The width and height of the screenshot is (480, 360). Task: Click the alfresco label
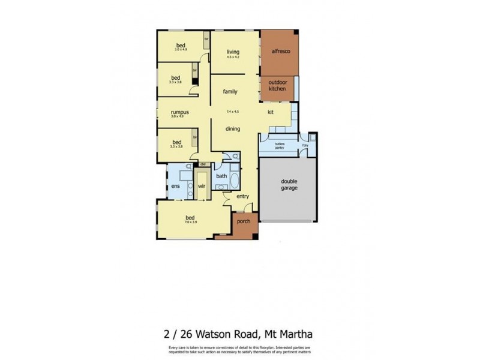[x=279, y=52]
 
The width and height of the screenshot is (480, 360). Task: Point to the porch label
[x=244, y=221]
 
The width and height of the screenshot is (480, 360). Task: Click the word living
[x=233, y=52]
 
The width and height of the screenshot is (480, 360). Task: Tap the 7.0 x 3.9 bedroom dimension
[x=190, y=223]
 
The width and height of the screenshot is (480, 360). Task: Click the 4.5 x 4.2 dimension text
[x=233, y=58]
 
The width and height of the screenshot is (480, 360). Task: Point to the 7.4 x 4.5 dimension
[x=233, y=112]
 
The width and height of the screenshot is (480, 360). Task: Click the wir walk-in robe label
[x=203, y=187]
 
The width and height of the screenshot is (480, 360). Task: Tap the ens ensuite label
[x=176, y=187]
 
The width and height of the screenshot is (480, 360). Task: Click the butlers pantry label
[x=280, y=146]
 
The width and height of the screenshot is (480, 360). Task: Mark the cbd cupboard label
[x=203, y=164]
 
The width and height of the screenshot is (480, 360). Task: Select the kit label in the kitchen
[x=271, y=112]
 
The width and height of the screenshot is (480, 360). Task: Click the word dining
[x=233, y=128]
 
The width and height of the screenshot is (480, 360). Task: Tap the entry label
[x=243, y=196]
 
